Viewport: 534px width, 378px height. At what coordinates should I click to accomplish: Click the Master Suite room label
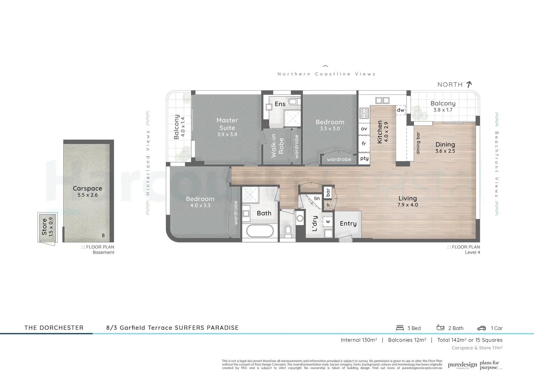(x=227, y=124)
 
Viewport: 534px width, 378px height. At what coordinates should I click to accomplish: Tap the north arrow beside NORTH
(x=469, y=84)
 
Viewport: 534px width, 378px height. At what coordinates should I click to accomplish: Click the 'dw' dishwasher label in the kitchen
(x=400, y=110)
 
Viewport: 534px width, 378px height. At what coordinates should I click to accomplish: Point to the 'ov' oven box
(x=364, y=129)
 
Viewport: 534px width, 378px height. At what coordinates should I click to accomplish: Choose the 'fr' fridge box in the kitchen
(x=364, y=143)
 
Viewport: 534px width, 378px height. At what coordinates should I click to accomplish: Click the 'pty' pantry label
(x=364, y=158)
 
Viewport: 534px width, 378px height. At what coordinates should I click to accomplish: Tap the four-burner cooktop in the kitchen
(x=364, y=113)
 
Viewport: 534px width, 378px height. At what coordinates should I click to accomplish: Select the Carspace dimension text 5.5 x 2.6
(x=87, y=195)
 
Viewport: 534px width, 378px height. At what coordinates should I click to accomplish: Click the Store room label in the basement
(x=44, y=226)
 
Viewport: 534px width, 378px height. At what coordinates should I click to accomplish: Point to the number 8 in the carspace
(x=103, y=236)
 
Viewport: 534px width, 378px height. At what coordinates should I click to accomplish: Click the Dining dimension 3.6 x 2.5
(x=445, y=151)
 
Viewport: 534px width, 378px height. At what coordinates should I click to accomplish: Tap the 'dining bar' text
(x=418, y=143)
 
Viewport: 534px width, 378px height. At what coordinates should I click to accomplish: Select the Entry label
(x=348, y=223)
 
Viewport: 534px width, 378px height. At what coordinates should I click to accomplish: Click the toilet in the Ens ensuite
(x=293, y=102)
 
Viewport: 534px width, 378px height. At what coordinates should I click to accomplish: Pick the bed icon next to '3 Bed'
(x=400, y=328)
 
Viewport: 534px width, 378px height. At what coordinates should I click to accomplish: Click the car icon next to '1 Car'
(x=481, y=328)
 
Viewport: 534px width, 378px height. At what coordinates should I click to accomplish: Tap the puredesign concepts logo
(x=462, y=365)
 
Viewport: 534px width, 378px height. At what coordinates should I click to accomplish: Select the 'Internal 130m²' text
(x=359, y=340)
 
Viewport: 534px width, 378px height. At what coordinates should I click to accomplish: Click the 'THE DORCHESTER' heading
(x=54, y=328)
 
